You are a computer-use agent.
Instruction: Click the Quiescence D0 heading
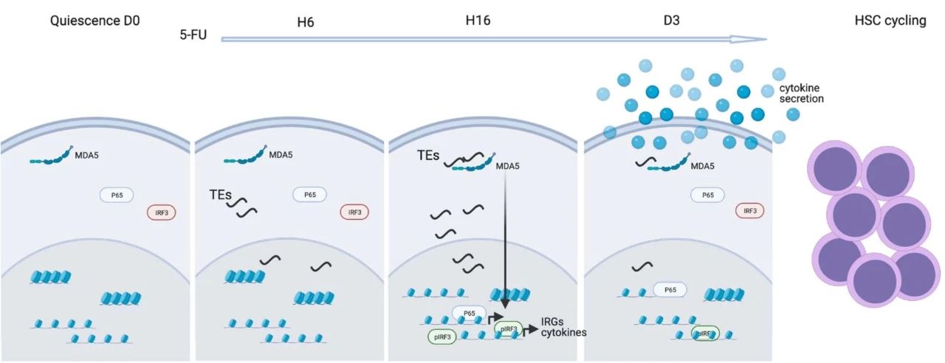94,21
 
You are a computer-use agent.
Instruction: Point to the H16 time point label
478,21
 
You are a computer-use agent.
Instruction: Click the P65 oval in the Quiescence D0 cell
117,195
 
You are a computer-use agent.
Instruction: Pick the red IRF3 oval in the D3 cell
749,210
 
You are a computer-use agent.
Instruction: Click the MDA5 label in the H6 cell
281,155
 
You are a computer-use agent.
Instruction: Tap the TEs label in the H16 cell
427,156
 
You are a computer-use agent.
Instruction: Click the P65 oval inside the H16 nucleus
469,314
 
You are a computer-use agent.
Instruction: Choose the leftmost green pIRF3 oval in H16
442,336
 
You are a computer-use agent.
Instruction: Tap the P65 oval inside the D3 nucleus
670,290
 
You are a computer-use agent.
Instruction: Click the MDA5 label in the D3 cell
703,165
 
